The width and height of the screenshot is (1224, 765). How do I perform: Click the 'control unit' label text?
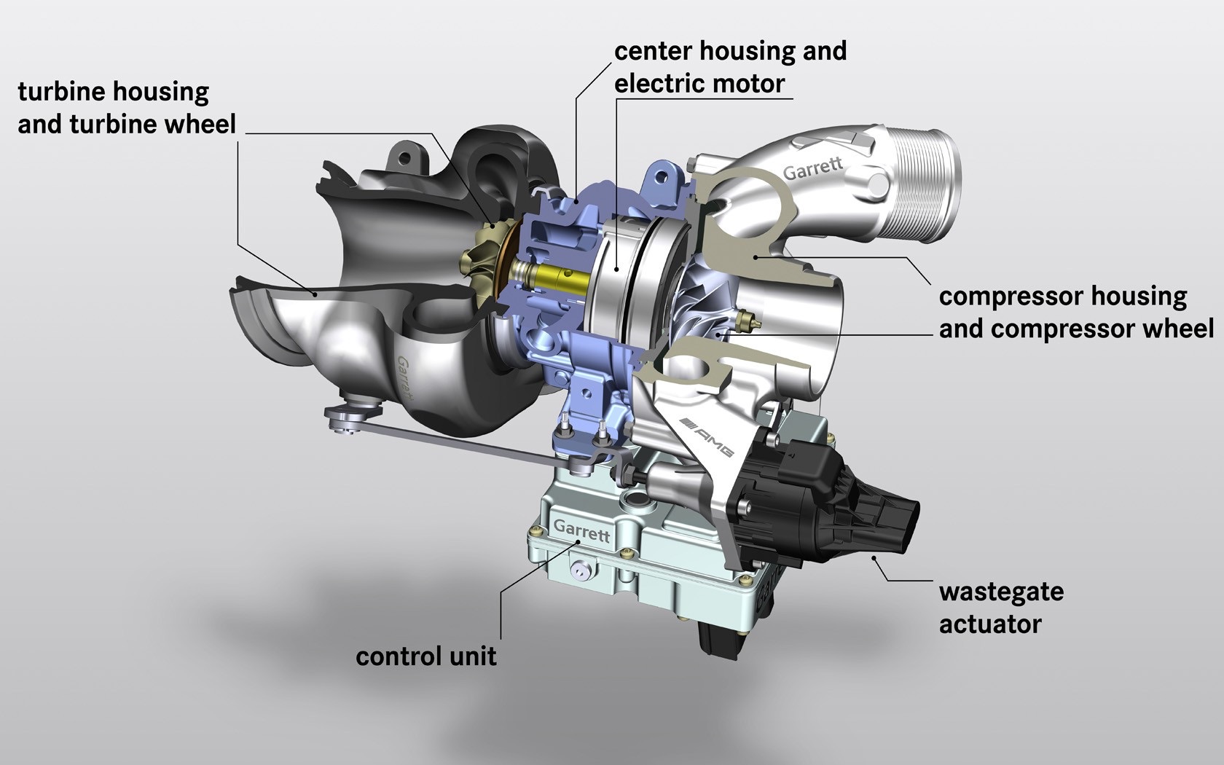click(426, 656)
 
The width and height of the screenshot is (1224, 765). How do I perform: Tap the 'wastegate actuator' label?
click(1001, 607)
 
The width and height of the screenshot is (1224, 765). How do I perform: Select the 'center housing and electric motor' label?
click(730, 67)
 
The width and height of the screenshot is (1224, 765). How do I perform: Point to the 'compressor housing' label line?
click(1063, 297)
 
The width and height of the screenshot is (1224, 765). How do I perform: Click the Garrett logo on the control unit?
click(581, 530)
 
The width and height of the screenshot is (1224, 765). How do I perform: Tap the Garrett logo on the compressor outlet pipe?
click(812, 169)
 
